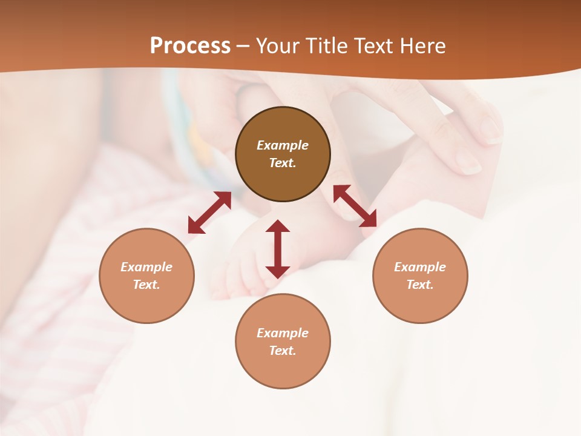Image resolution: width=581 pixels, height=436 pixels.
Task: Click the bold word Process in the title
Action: click(190, 46)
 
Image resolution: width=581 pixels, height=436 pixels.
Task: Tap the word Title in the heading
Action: click(325, 46)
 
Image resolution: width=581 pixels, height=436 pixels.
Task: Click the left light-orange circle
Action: click(146, 276)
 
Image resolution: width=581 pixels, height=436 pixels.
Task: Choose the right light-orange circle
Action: click(420, 276)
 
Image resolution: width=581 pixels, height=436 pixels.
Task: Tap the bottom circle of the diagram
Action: click(283, 342)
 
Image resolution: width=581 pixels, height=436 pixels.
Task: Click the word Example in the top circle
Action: click(283, 145)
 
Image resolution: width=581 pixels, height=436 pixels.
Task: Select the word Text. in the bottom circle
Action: click(283, 351)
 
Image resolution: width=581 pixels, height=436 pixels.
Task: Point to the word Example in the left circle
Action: click(146, 267)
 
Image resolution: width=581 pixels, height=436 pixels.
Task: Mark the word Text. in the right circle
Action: click(420, 285)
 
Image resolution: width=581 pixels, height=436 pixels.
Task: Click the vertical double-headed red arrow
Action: click(278, 249)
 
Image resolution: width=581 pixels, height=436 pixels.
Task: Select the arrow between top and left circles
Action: click(209, 213)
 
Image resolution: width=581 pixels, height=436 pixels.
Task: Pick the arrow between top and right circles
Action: click(355, 206)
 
